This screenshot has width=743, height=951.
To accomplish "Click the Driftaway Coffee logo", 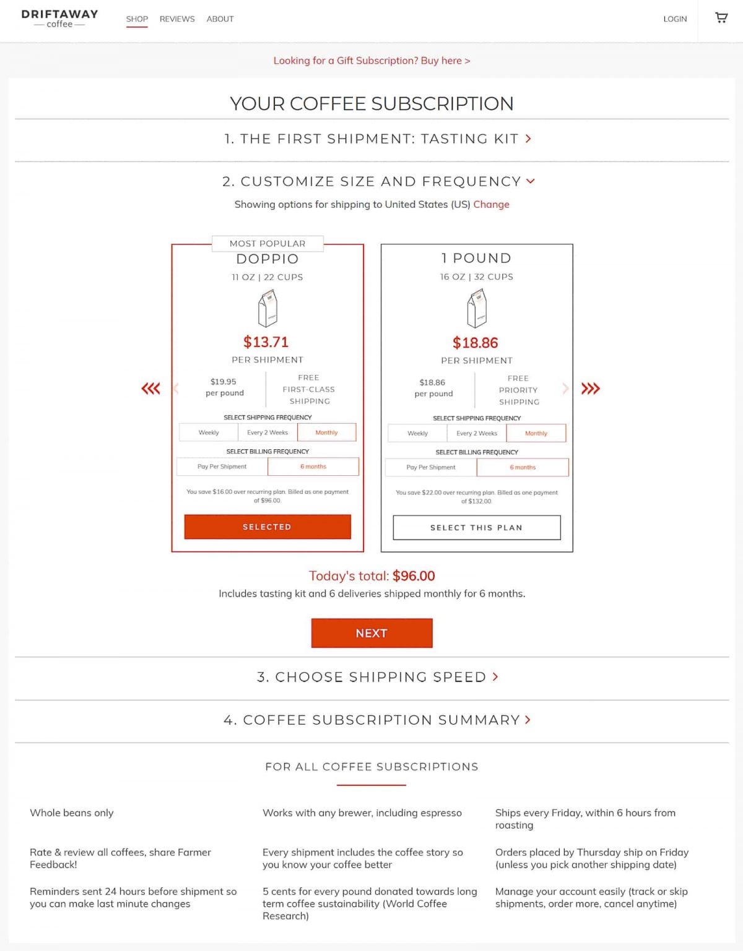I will (x=59, y=19).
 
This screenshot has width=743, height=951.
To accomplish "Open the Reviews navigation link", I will (x=177, y=19).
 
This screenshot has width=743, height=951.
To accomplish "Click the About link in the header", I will (x=220, y=19).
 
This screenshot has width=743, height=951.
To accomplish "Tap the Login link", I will (x=675, y=19).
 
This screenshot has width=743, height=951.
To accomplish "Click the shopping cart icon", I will (x=721, y=18).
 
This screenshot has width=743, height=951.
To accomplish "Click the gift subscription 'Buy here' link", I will (x=371, y=61).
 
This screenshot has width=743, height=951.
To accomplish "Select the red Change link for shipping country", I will (x=491, y=204).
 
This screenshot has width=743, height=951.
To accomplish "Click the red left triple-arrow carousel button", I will (x=150, y=389).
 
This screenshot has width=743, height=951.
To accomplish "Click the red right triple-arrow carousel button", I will (x=590, y=389).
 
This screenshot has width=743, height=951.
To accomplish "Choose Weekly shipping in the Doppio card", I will (x=209, y=432).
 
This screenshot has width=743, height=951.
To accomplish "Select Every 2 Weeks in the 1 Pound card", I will (x=477, y=433).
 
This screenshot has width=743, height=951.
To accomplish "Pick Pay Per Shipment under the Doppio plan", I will (x=222, y=467).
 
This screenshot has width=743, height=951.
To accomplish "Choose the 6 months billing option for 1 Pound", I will (x=523, y=467).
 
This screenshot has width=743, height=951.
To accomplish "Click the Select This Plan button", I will (x=477, y=528).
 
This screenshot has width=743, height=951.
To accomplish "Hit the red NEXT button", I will (x=371, y=633).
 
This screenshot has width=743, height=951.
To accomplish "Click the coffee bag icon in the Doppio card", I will (x=267, y=309).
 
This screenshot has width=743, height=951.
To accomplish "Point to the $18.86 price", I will (x=476, y=343).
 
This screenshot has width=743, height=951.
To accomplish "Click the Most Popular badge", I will (x=267, y=243).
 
